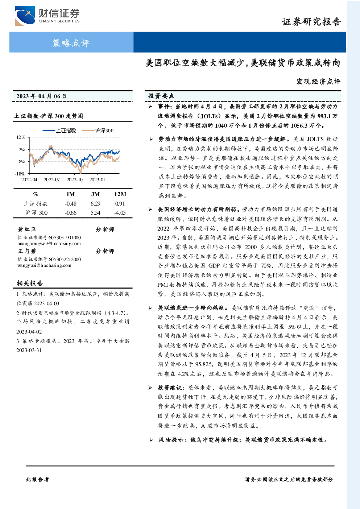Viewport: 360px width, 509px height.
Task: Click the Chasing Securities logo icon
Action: click(25, 16)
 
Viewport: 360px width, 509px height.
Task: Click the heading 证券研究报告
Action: click(311, 22)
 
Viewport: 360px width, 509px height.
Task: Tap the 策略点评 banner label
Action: click(71, 43)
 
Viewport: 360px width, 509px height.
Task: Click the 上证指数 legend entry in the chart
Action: click(59, 131)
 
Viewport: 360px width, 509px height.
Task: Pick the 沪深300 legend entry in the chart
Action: click(98, 131)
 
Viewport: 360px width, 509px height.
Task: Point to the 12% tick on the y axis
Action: click(21, 137)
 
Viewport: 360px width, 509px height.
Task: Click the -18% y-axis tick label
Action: click(20, 174)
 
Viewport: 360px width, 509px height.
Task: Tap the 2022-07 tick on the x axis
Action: click(52, 179)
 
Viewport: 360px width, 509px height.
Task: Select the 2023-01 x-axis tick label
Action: click(97, 179)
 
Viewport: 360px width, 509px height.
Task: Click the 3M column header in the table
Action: click(95, 194)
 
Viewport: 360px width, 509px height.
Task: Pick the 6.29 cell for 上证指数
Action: click(95, 204)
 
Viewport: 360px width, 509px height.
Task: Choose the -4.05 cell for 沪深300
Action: click(120, 213)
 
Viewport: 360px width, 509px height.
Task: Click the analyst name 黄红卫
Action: click(26, 229)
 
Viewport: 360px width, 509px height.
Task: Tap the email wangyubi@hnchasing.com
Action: click(44, 265)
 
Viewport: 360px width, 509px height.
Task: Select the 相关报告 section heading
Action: click(30, 283)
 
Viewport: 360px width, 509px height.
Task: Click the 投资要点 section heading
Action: click(161, 96)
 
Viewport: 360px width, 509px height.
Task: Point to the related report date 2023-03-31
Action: click(29, 350)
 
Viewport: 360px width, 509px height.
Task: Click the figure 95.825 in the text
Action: click(204, 364)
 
